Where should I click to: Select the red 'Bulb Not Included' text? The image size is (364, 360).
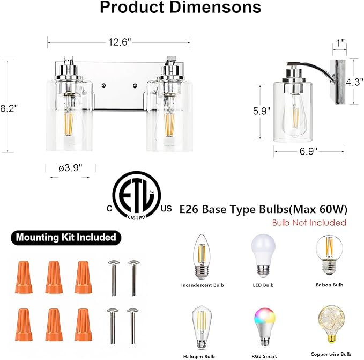click(x=309, y=222)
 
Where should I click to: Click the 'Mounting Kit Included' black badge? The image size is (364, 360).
click(x=65, y=237)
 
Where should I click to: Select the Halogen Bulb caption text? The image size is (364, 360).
click(x=200, y=355)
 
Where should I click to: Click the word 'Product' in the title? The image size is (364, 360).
click(x=131, y=8)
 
